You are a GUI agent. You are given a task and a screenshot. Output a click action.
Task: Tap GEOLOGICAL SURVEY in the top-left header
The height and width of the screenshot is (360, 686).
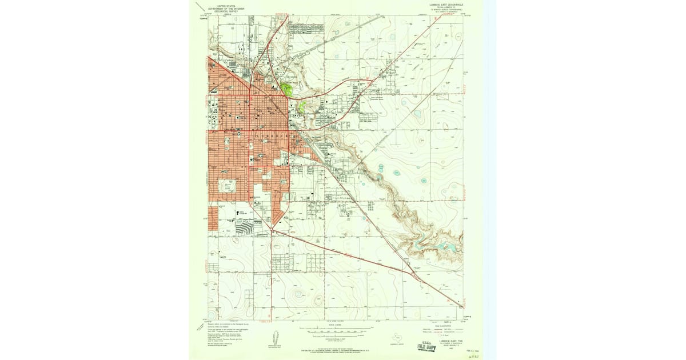(222, 11)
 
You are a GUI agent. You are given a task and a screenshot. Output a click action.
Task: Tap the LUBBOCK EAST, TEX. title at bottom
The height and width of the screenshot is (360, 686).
(450, 341)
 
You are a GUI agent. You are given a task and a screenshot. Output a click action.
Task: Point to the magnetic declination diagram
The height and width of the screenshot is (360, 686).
(274, 337)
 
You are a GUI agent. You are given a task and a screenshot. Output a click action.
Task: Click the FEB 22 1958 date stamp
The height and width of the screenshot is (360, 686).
(470, 348)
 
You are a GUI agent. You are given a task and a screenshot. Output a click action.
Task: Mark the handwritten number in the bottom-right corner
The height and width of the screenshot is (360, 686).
(474, 355)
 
